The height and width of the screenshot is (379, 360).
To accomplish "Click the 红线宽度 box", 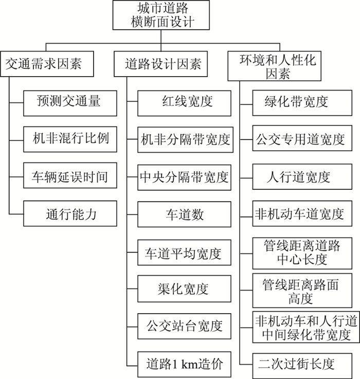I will point(184,101).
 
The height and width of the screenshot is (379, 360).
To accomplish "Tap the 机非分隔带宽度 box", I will point(184,139).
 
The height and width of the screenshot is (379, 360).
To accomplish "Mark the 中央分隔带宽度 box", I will point(184,177).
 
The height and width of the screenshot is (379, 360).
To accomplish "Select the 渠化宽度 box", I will point(184,289).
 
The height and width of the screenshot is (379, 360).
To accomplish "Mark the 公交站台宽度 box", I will point(184,327).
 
